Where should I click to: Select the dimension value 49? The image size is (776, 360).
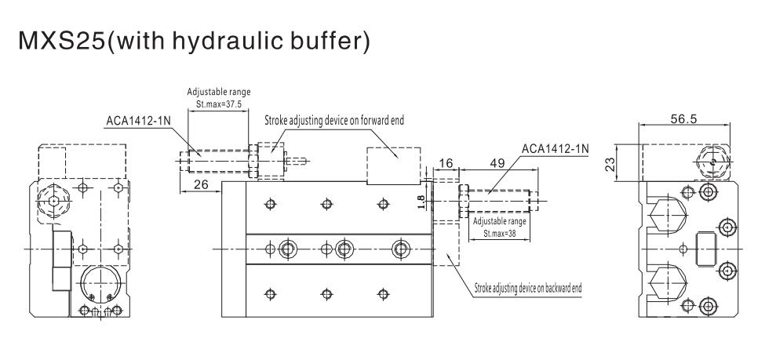coord(496,163)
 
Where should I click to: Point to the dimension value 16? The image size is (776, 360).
coord(445,163)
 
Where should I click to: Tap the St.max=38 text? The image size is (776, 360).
coord(499,232)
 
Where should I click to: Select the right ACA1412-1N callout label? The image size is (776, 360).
coord(556,147)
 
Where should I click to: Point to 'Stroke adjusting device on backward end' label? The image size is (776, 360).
coord(528,288)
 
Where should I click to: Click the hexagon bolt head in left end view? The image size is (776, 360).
coord(52,201)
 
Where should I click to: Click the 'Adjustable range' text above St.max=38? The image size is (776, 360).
coord(499,222)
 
